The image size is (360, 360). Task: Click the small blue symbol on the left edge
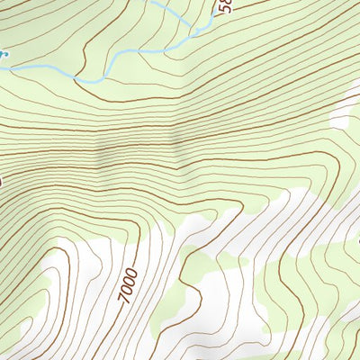click(x=3, y=54)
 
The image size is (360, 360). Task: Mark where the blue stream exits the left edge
click(x=2, y=66)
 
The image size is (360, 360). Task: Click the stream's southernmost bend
click(x=87, y=81)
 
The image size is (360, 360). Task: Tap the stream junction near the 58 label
click(x=193, y=34)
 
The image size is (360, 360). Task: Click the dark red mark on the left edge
click(x=2, y=180)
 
